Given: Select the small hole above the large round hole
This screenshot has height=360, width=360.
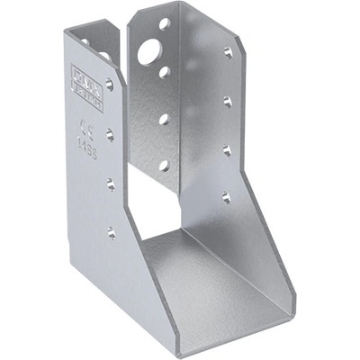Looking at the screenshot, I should (x=164, y=24).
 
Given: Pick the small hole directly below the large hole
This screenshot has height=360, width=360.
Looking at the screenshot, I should (x=164, y=71).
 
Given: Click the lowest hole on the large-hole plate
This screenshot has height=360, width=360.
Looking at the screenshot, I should (x=164, y=165).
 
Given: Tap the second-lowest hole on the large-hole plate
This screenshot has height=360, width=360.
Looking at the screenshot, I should (x=164, y=118).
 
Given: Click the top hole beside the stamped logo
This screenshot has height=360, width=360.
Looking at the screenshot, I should (x=109, y=85).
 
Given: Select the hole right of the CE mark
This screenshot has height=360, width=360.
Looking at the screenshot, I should (x=110, y=134).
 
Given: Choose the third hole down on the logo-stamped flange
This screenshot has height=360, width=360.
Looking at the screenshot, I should (x=111, y=184).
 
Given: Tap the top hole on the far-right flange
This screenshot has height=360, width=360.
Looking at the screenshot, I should (x=228, y=52).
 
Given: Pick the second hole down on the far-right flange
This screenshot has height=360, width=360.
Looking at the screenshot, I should (x=227, y=101).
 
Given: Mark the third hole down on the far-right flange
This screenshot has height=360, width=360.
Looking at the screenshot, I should (x=227, y=149).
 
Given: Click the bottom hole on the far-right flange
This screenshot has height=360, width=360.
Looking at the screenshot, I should (x=226, y=197).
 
